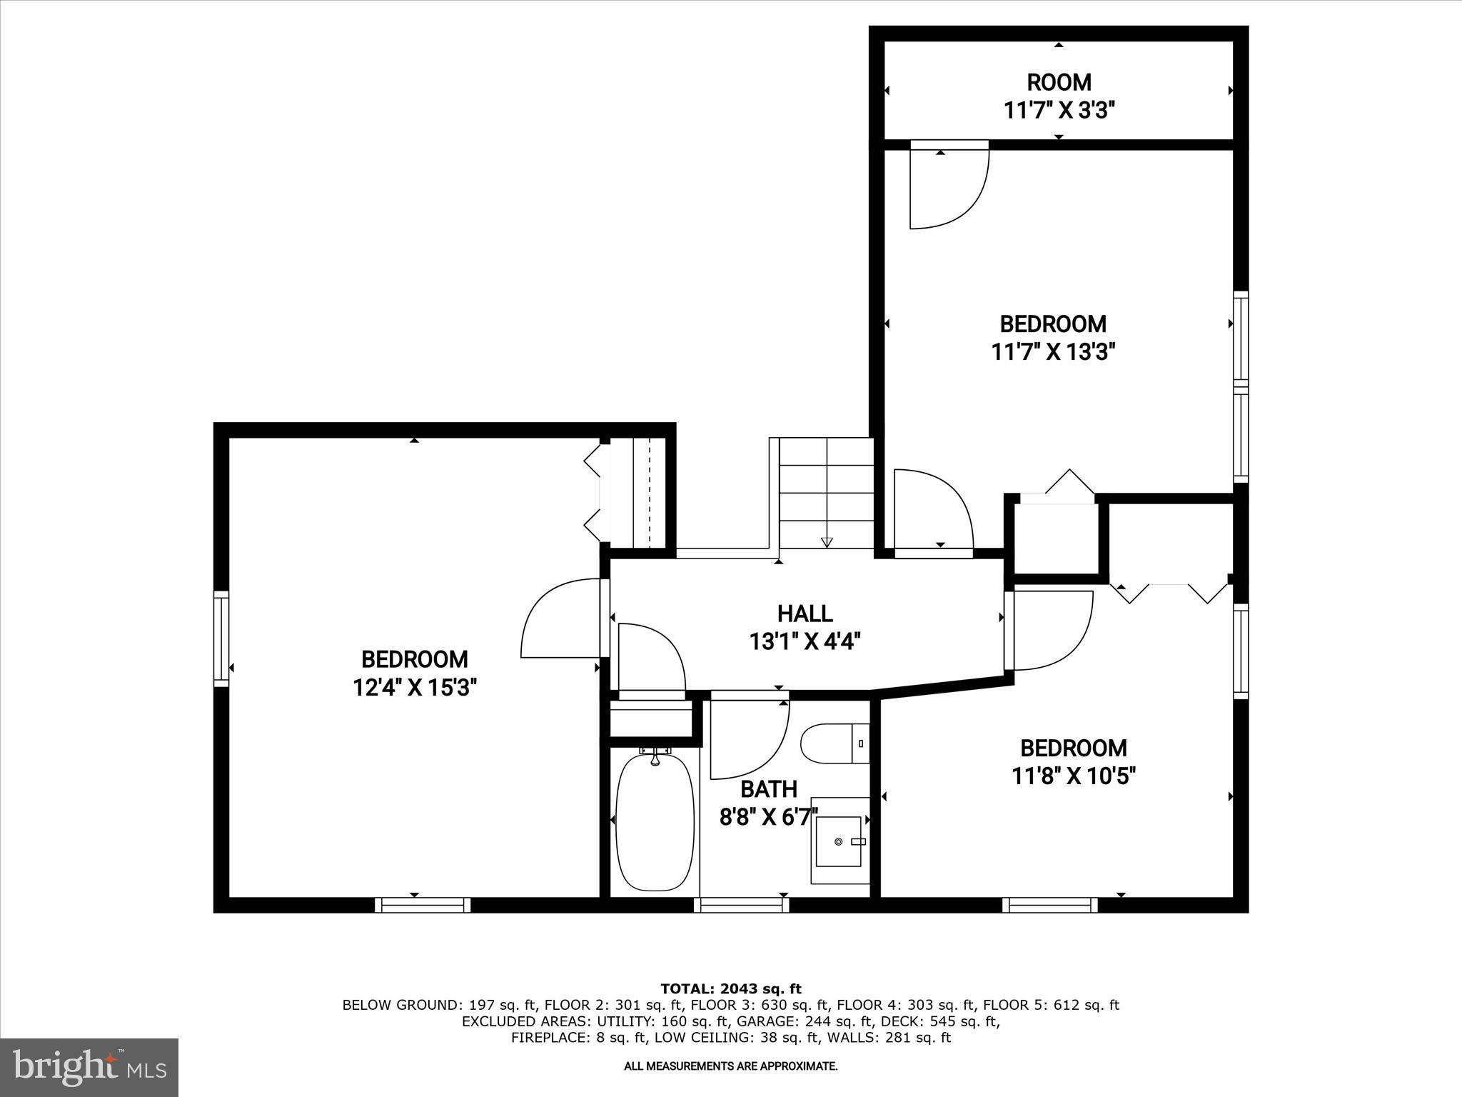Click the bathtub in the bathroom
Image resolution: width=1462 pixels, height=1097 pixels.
pos(655,821)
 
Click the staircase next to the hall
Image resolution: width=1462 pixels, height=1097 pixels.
pos(826,493)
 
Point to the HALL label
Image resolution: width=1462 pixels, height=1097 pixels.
pos(805,613)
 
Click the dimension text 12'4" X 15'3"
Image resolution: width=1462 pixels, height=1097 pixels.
pos(415,687)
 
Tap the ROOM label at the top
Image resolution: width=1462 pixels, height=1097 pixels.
pos(1059,82)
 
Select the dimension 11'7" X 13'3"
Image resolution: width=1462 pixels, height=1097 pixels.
pos(1053,352)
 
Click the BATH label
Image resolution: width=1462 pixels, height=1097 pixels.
pos(768,788)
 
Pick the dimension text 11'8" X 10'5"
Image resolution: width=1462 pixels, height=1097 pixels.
pos(1073,776)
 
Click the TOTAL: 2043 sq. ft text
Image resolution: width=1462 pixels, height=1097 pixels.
pos(730,988)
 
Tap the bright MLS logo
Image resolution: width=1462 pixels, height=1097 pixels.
pos(89,1067)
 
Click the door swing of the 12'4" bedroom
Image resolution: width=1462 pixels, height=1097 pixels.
pos(560,618)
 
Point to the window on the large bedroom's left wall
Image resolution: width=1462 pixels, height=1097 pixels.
pos(221,638)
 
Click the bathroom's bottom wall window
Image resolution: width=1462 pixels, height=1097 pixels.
pos(741,905)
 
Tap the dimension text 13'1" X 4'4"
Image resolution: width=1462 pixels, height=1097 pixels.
pos(805,641)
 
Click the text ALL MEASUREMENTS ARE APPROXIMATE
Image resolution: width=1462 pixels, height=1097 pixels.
pos(730,1066)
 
